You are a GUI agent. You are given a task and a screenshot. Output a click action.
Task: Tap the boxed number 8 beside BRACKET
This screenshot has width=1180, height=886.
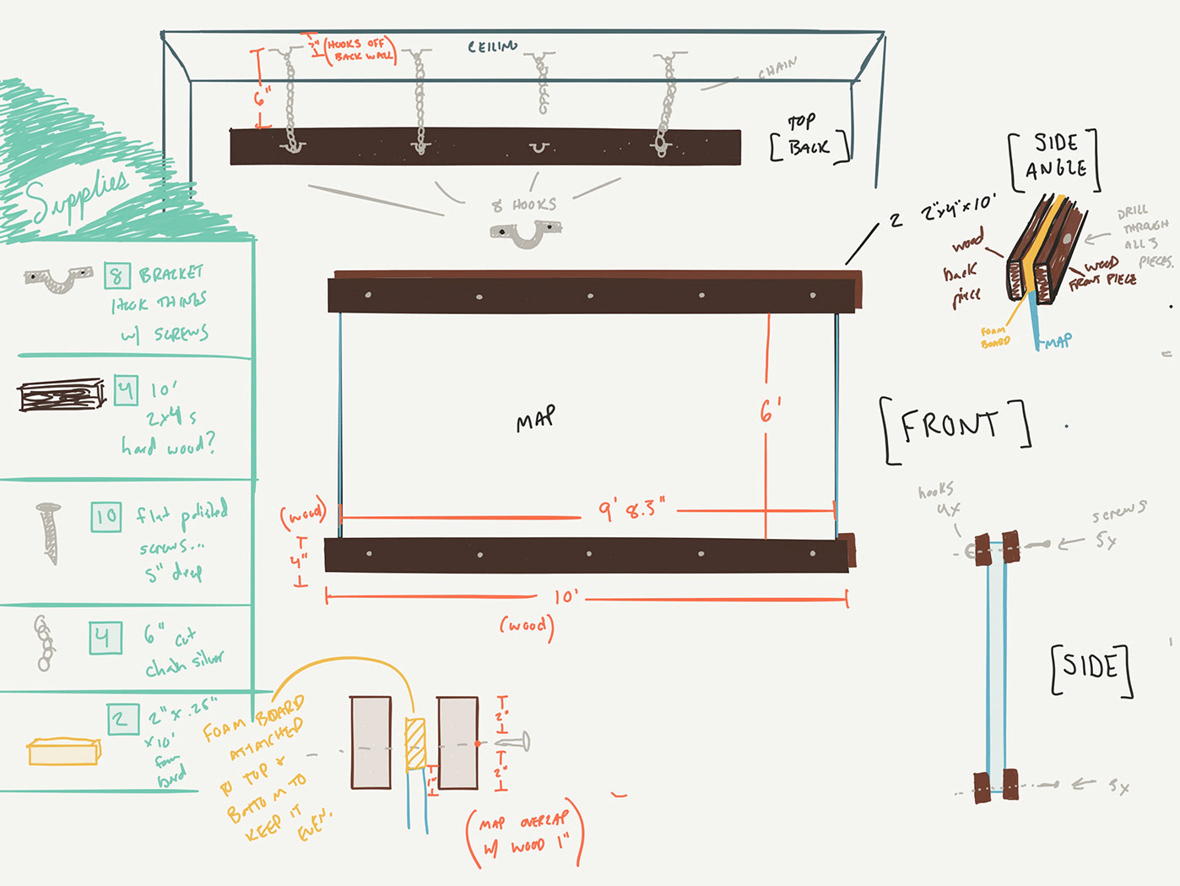pos(116,275)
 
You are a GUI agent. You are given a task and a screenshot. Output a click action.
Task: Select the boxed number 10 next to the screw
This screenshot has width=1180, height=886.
pos(106,517)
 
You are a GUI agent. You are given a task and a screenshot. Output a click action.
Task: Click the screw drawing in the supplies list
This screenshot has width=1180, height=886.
pos(49,533)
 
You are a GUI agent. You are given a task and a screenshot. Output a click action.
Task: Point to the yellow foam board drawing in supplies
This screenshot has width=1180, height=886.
pos(64,751)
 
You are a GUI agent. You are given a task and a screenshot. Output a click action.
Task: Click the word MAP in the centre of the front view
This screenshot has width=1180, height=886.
pos(536,418)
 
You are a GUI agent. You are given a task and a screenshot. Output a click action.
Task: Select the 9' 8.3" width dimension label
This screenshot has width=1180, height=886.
pos(631,509)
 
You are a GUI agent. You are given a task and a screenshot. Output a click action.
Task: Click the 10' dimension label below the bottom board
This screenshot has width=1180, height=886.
pos(566,597)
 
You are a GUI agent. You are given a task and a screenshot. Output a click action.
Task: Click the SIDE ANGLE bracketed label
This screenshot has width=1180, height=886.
pos(1055,156)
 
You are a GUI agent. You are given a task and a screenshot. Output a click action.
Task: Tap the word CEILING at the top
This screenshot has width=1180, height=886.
pos(493,46)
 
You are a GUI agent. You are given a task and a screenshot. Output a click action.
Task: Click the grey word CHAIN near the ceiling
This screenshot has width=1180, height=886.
pos(777,68)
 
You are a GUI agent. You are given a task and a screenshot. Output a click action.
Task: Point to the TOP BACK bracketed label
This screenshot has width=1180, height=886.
pos(807,137)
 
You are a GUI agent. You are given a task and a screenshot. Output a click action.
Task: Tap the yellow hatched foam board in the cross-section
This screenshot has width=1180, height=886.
pos(414,744)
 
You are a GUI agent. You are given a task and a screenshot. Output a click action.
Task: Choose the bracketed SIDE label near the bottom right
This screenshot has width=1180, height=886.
pos(1091,667)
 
